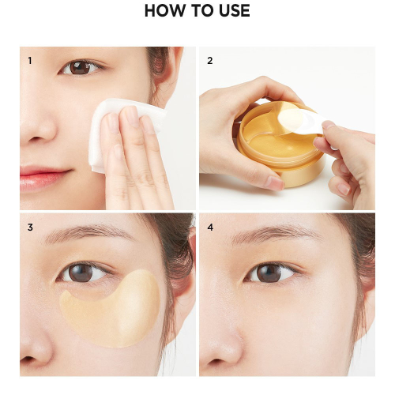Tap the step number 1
tap(30, 60)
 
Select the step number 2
tap(209, 60)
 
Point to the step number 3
tap(30, 228)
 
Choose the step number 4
tap(209, 228)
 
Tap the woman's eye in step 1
tap(80, 68)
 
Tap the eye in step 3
tap(84, 273)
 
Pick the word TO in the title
tap(197, 12)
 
